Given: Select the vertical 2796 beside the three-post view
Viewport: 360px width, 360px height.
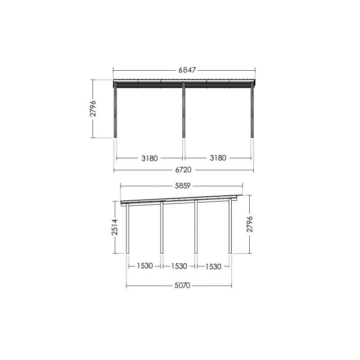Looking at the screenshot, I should [x=93, y=108].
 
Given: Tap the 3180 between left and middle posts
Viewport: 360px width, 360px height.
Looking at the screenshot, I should [x=149, y=158].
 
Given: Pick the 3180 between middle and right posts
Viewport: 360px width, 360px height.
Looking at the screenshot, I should [x=218, y=158].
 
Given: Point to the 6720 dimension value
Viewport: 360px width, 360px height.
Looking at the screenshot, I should [x=184, y=170].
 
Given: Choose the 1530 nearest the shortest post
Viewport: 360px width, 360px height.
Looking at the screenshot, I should [x=144, y=266].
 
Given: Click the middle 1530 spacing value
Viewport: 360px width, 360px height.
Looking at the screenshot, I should [x=179, y=266].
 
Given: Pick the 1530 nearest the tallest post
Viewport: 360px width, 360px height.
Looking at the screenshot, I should [x=213, y=266].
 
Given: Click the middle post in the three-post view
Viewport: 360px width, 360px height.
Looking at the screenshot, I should [x=184, y=112].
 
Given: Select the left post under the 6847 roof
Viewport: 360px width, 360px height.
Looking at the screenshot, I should [x=116, y=112].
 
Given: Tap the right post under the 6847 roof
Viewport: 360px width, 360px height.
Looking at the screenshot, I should [x=252, y=112].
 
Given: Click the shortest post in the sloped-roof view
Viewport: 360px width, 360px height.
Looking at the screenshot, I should [x=128, y=229].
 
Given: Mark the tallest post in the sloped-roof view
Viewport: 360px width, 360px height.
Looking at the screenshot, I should [x=230, y=227].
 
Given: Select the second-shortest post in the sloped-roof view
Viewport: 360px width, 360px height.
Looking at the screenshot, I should [x=162, y=229].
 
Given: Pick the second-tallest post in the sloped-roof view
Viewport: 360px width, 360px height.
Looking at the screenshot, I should [x=196, y=228].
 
